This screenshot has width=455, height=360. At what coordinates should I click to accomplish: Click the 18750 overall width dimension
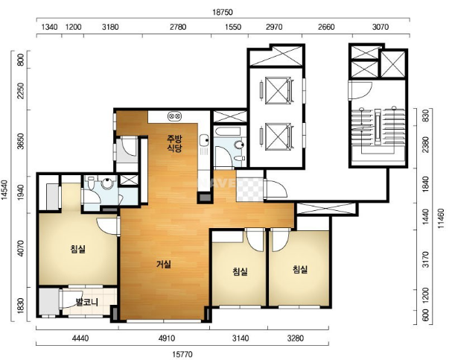(223, 12)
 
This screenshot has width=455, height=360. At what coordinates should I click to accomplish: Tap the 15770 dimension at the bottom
(182, 355)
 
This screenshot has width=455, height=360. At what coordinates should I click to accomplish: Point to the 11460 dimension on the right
(441, 218)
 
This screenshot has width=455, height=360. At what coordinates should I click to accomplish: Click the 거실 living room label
(164, 264)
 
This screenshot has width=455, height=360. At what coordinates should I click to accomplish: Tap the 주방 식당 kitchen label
(174, 143)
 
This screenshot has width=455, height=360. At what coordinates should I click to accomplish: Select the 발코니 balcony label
(86, 302)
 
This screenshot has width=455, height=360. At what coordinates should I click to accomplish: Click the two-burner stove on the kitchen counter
(174, 116)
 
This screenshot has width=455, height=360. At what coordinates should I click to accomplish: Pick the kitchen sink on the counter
(204, 141)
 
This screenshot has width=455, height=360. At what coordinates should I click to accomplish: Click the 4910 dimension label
(167, 338)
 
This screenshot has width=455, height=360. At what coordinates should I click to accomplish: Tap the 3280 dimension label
(296, 338)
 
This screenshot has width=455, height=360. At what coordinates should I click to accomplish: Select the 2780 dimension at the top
(178, 27)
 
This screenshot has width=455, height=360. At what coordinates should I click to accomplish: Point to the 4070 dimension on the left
(20, 248)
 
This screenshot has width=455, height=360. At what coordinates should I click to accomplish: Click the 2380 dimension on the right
(425, 145)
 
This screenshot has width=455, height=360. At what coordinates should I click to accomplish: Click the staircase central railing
(378, 127)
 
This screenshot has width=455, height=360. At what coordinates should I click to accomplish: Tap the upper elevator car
(278, 90)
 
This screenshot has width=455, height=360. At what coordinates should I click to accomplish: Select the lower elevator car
(278, 136)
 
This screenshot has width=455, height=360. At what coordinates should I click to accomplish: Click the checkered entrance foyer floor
(249, 189)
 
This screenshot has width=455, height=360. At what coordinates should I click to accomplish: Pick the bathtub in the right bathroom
(228, 131)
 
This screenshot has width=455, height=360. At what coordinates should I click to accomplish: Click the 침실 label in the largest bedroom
(77, 249)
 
